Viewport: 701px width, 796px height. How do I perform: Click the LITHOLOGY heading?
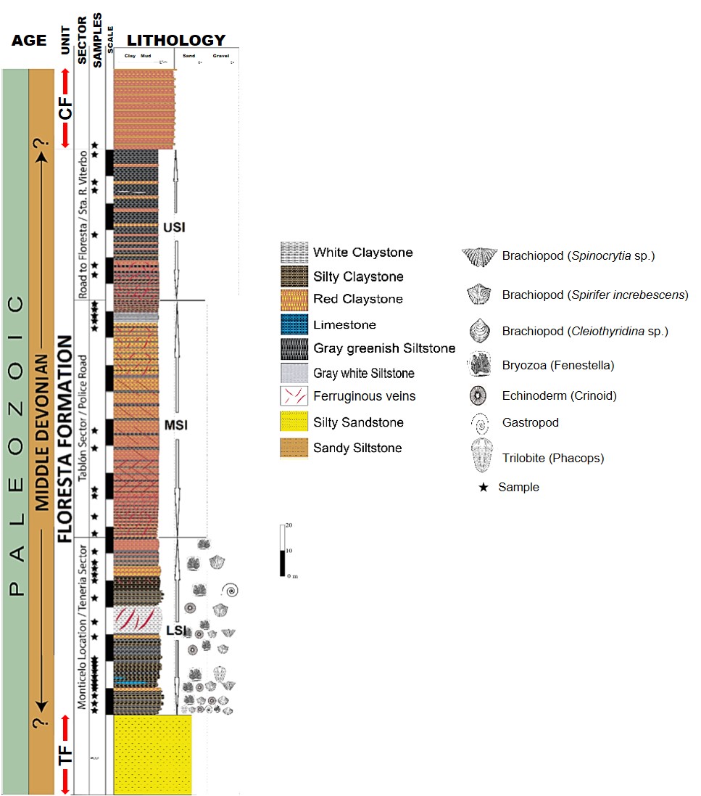pyautogui.click(x=175, y=41)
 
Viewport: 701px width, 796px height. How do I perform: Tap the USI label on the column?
pyautogui.click(x=175, y=227)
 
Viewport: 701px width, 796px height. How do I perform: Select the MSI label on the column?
pyautogui.click(x=175, y=425)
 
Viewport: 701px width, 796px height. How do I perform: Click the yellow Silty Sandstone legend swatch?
pyautogui.click(x=294, y=422)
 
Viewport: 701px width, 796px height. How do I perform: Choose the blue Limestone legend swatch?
pyautogui.click(x=294, y=325)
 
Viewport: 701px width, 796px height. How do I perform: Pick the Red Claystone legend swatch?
pyautogui.click(x=294, y=299)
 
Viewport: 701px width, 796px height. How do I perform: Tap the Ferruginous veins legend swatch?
pyautogui.click(x=294, y=397)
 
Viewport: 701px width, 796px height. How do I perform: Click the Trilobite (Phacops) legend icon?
pyautogui.click(x=482, y=458)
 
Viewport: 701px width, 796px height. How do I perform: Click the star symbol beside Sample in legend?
pyautogui.click(x=483, y=488)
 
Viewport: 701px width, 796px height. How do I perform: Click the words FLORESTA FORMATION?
pyautogui.click(x=65, y=439)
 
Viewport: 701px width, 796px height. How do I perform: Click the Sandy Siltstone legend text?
pyautogui.click(x=357, y=448)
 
